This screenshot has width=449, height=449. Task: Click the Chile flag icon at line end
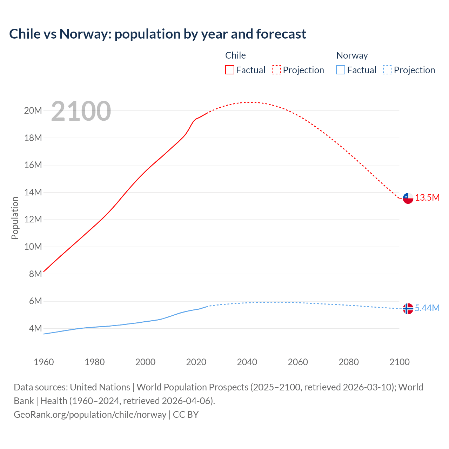408,198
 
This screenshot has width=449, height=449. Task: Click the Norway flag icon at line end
408,309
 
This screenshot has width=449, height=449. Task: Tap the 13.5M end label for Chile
427,198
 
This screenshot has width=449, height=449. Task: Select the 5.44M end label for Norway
427,308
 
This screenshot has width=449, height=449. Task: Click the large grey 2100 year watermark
81,111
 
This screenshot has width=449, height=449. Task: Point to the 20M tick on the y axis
33,111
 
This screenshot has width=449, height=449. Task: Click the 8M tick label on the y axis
35,274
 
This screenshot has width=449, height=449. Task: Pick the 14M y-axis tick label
33,192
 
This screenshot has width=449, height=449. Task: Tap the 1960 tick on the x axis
44,362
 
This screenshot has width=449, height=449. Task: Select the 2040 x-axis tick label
247,362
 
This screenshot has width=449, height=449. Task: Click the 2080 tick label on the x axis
349,362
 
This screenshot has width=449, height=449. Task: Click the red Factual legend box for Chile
230,70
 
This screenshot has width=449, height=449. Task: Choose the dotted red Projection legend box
276,70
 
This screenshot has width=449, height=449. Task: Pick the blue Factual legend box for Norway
341,70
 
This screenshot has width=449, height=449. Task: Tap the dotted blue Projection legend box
387,70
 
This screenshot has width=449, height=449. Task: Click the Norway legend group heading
352,55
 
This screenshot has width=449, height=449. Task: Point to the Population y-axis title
15,218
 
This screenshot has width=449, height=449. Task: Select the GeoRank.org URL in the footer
90,415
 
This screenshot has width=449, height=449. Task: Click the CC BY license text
186,415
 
